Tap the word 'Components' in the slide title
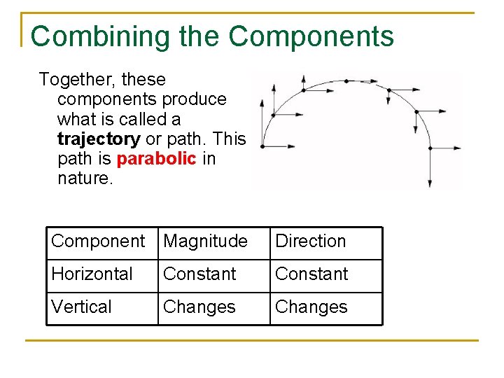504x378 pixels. pyautogui.click(x=311, y=36)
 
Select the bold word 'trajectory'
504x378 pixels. pyautogui.click(x=99, y=139)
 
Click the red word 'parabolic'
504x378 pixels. pyautogui.click(x=156, y=159)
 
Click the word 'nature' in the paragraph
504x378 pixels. pyautogui.click(x=83, y=178)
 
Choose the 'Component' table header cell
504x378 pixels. pyautogui.click(x=98, y=241)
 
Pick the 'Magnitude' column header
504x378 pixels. pyautogui.click(x=205, y=241)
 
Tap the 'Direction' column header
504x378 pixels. pyautogui.click(x=311, y=241)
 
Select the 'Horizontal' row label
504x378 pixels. pyautogui.click(x=92, y=274)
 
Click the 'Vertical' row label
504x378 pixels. pyautogui.click(x=81, y=307)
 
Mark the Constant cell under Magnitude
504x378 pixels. pyautogui.click(x=199, y=274)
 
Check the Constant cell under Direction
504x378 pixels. pyautogui.click(x=311, y=274)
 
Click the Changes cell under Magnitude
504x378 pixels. pyautogui.click(x=199, y=307)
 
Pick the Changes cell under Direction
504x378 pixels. pyautogui.click(x=311, y=307)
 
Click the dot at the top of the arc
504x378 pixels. pyautogui.click(x=346, y=81)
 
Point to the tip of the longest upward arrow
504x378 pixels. pyautogui.click(x=261, y=100)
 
